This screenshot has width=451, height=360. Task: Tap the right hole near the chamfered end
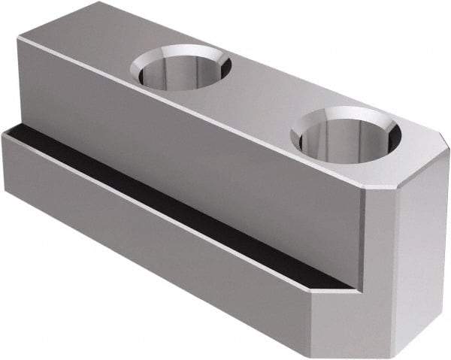(x=346, y=137)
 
